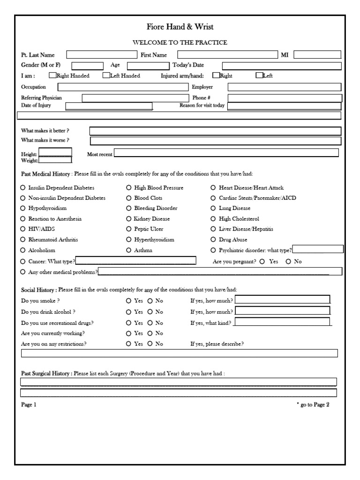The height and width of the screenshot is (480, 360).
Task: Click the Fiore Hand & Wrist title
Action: click(x=180, y=27)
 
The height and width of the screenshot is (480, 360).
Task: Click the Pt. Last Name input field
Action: click(x=100, y=55)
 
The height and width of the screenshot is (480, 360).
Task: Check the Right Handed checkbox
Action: click(x=52, y=75)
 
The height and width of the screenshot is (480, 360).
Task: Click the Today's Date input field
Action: click(x=281, y=66)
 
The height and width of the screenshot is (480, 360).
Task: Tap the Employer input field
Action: click(x=285, y=87)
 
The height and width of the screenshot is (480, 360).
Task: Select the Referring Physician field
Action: click(x=134, y=98)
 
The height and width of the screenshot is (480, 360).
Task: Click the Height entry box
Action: click(x=55, y=152)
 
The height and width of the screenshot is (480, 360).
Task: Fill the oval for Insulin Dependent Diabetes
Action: click(x=23, y=187)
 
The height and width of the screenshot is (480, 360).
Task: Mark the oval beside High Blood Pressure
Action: click(x=129, y=187)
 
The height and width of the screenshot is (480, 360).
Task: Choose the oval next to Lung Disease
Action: click(x=213, y=208)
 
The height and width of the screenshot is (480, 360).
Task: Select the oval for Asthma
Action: click(x=129, y=250)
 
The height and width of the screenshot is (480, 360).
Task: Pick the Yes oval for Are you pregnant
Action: click(x=262, y=262)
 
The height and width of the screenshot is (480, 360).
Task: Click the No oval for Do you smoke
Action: click(x=150, y=300)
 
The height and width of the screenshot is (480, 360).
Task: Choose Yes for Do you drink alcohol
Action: click(x=129, y=311)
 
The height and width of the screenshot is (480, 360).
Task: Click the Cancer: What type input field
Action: click(x=136, y=261)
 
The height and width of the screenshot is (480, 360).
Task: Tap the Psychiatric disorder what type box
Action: click(x=317, y=249)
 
